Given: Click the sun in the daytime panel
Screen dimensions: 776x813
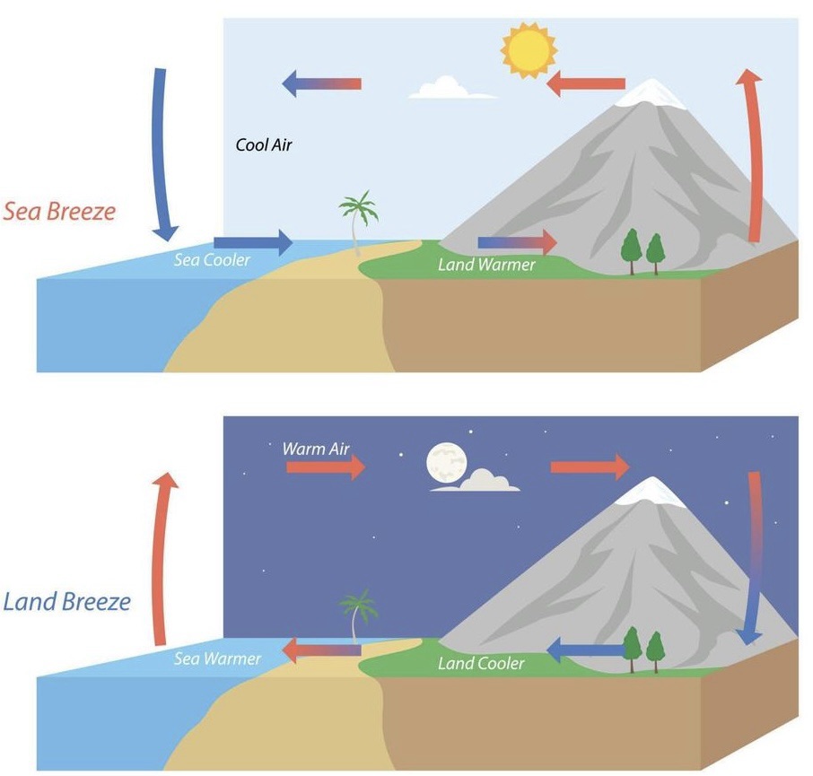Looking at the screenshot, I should [528, 50].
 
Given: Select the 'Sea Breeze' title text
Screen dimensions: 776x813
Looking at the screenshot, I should [59, 213].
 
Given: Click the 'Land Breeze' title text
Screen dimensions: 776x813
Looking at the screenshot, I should [67, 600].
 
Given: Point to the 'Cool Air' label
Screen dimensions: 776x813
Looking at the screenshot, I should [264, 144].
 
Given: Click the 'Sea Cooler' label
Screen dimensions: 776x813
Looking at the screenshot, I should [212, 261].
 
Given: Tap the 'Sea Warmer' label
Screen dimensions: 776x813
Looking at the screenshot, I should [217, 659].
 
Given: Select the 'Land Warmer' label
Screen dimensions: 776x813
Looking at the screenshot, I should [486, 265].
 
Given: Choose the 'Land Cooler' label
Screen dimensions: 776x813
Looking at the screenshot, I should [481, 664].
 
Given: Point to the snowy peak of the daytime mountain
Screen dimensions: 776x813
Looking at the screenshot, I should [653, 92].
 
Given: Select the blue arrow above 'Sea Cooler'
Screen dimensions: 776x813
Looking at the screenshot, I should [253, 241].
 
